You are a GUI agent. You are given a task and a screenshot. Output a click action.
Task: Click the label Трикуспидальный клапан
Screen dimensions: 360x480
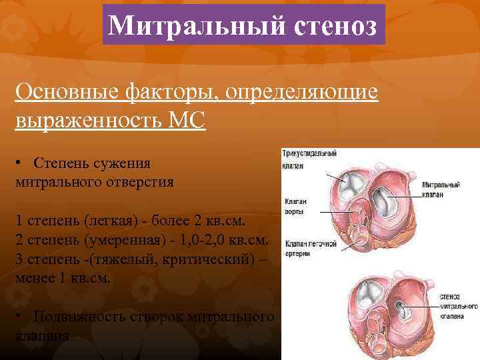point(309,157)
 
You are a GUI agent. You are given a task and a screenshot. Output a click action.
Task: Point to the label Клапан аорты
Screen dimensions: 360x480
point(296,205)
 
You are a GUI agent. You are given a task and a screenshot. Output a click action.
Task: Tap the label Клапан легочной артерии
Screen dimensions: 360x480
point(310,248)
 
